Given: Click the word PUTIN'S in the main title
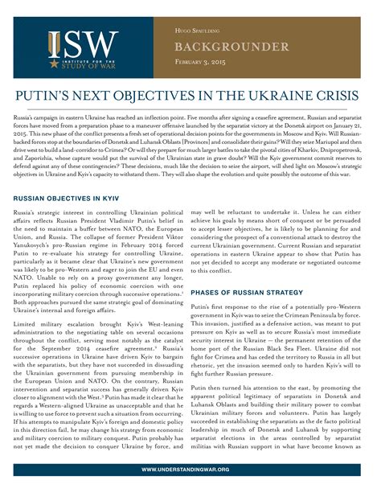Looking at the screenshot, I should point(63,95).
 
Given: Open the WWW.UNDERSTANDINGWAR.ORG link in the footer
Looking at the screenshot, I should point(190,469).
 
